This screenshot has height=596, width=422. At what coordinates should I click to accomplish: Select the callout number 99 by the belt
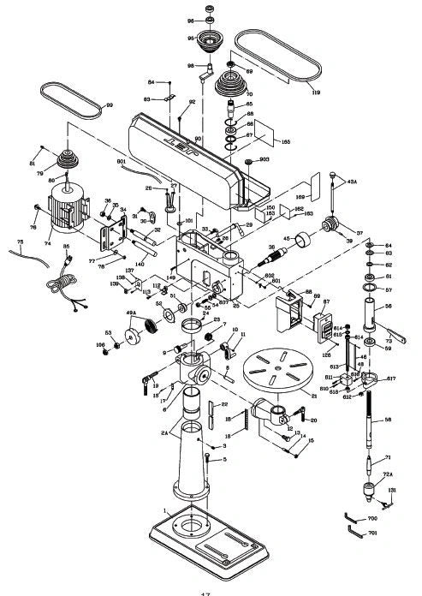coord(109,105)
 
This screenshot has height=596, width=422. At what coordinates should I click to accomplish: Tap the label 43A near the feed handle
coord(352,181)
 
